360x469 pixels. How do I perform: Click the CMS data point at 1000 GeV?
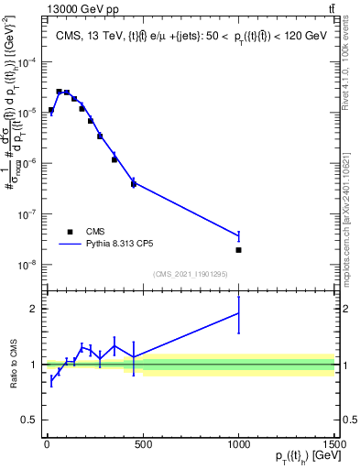(x=238, y=250)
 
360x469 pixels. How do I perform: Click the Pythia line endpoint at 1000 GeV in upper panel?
(x=238, y=236)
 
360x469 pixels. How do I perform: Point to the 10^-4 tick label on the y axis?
(x=30, y=62)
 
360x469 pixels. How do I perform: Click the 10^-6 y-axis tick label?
(x=30, y=164)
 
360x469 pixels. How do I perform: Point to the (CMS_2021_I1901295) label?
(x=190, y=274)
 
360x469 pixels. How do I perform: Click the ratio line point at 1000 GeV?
(x=238, y=313)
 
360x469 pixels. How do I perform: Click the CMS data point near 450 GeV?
(x=134, y=184)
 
